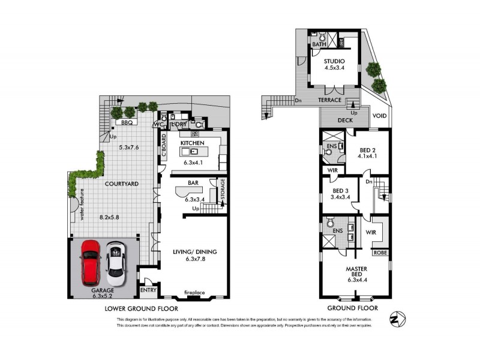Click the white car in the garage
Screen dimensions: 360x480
116,263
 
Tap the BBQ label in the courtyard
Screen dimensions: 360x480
127,122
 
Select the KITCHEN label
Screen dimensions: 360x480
193,142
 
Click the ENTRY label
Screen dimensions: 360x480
148,290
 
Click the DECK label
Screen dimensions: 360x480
344,120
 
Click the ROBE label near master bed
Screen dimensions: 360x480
380,253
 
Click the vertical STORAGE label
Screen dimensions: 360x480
223,190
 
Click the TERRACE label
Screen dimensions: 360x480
329,100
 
